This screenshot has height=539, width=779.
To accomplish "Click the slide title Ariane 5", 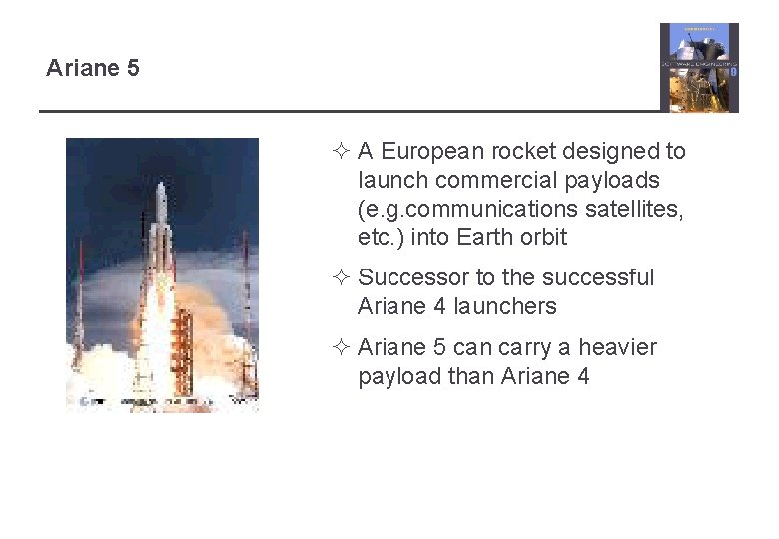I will click(x=93, y=69).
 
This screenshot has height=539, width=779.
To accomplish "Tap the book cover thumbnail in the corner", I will click(x=699, y=67).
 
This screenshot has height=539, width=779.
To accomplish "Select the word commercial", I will click(x=509, y=181).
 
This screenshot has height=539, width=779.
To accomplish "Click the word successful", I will click(x=605, y=278).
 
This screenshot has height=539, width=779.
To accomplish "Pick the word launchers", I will click(x=505, y=307).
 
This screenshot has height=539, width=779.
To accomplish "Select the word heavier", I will click(x=618, y=348).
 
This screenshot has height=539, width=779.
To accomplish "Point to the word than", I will click(x=474, y=377).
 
